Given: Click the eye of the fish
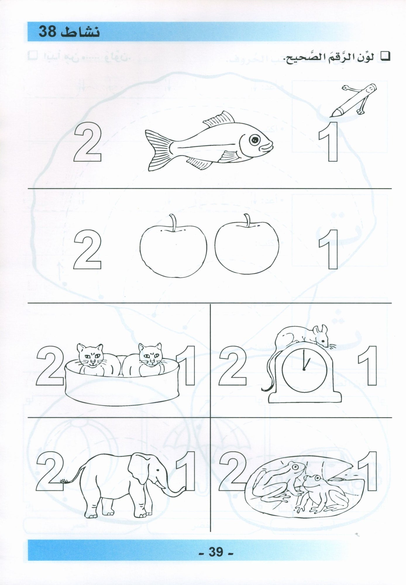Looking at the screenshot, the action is [254, 140].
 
